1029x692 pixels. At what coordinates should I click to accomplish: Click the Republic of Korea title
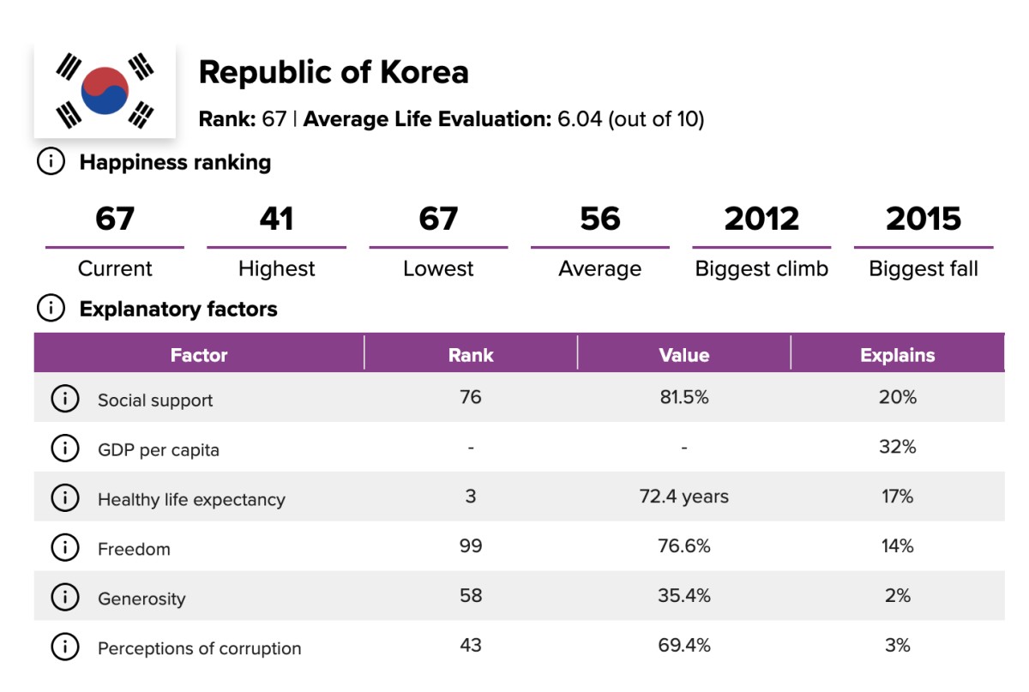tap(334, 73)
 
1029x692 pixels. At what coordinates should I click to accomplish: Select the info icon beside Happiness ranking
tap(51, 162)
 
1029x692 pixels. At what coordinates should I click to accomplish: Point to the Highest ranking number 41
tap(276, 219)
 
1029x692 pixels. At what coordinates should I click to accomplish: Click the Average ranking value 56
tap(599, 219)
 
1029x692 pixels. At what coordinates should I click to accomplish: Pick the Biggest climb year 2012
tap(761, 219)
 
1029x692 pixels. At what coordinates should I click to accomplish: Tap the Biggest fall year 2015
tap(924, 219)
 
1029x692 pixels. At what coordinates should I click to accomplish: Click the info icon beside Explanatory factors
tap(51, 309)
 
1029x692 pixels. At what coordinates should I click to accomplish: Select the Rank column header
tap(471, 355)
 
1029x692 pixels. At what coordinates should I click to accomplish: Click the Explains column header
tap(897, 355)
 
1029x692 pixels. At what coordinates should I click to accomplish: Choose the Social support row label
tap(155, 400)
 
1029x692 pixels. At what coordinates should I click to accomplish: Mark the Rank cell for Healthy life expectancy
tap(471, 496)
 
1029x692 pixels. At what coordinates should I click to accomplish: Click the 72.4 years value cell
tap(684, 496)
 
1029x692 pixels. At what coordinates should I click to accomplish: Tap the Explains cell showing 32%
tap(897, 447)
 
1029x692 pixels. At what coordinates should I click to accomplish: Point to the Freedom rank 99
tap(471, 546)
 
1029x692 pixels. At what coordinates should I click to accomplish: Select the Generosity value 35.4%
tap(684, 596)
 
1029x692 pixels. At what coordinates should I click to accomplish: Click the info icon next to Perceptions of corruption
tap(64, 647)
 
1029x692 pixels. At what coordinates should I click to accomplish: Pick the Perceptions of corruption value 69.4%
tap(684, 646)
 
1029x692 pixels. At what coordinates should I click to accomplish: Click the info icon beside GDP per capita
tap(64, 448)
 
